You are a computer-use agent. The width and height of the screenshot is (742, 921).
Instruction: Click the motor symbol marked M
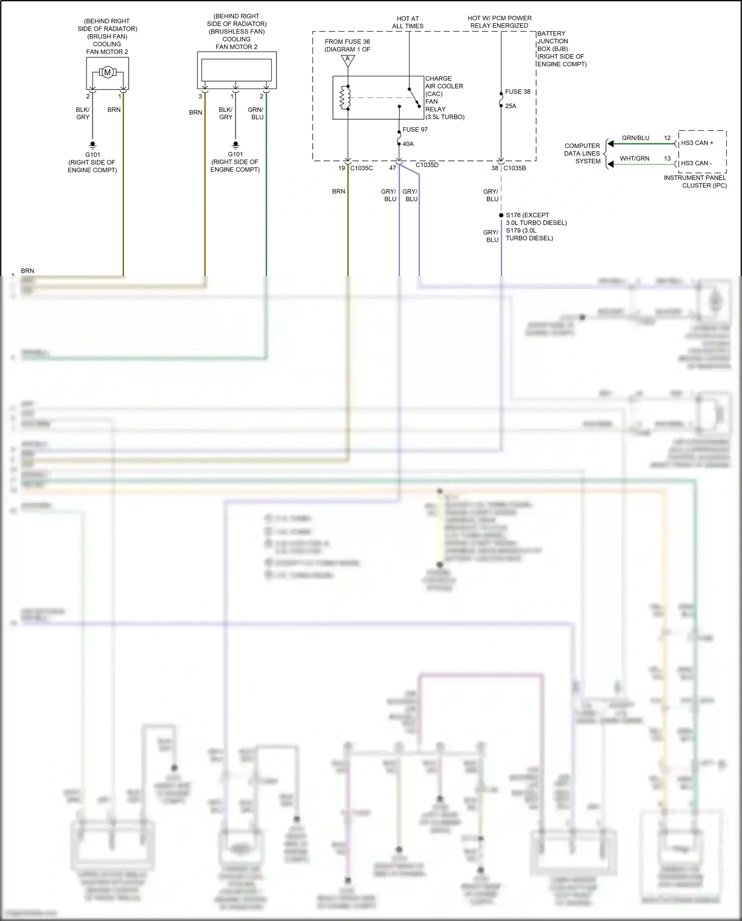(107, 73)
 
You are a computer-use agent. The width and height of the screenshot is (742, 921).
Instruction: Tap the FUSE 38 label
(517, 92)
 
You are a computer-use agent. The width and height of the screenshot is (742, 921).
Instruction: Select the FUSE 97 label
(415, 130)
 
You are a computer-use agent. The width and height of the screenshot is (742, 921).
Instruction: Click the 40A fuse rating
(408, 144)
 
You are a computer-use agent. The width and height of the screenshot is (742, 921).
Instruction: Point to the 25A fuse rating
(510, 106)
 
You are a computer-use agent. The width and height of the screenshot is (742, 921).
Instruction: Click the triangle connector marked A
(348, 60)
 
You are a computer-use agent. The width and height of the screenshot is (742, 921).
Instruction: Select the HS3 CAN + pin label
(697, 143)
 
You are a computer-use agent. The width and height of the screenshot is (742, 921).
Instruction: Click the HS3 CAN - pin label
(696, 163)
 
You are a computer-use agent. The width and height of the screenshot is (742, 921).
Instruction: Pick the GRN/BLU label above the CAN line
(635, 138)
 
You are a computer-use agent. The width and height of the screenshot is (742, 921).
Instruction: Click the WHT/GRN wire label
(634, 158)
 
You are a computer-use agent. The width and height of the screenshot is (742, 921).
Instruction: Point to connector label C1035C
(362, 168)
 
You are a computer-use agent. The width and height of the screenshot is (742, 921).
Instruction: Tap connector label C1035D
(427, 165)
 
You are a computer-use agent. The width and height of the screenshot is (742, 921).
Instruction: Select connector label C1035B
(514, 168)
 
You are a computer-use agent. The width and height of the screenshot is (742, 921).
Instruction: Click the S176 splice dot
(501, 215)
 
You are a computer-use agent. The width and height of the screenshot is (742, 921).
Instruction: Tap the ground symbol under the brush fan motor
(93, 145)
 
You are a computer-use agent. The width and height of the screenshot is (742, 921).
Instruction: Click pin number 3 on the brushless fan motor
(200, 97)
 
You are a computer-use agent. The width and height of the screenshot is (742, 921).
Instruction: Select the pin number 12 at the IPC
(667, 138)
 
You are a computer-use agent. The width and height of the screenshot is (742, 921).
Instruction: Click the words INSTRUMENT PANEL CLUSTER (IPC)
(695, 182)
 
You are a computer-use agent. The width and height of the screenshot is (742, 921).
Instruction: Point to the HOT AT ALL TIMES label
(408, 22)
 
